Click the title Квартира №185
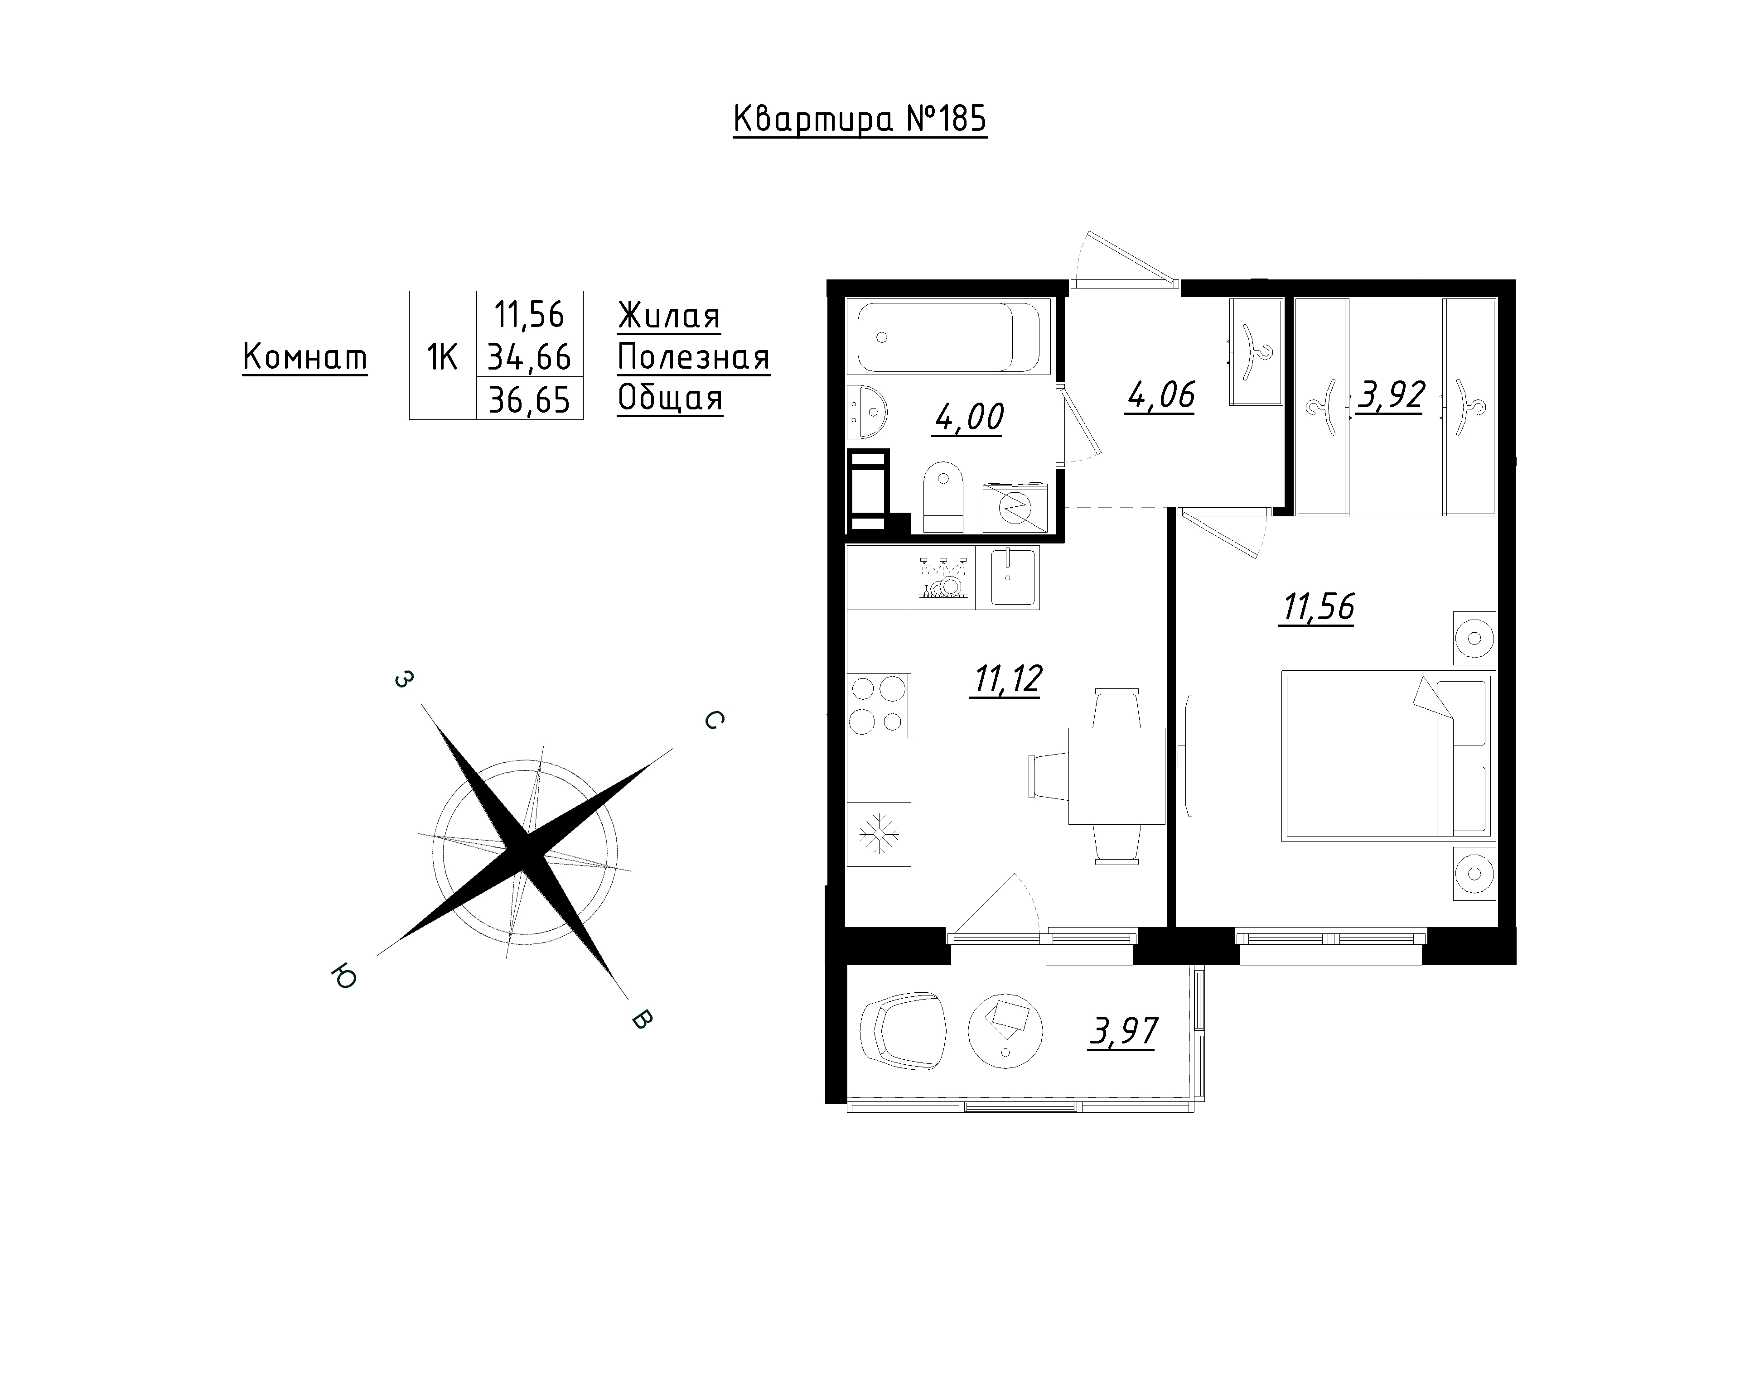click(x=860, y=120)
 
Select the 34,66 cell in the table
click(x=529, y=356)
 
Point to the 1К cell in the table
click(x=442, y=356)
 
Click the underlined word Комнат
click(x=305, y=357)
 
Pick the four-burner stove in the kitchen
click(x=878, y=705)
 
